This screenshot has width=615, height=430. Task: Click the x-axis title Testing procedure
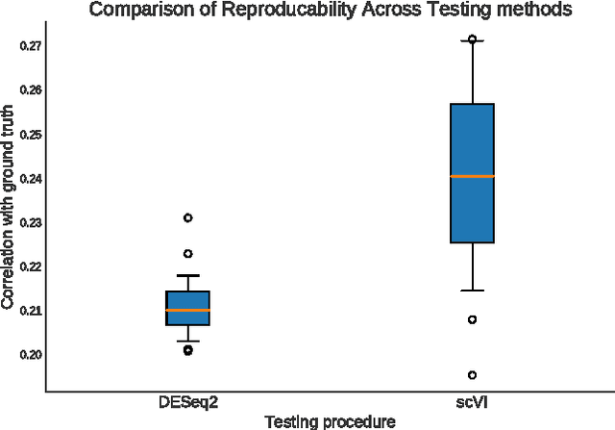[330, 421]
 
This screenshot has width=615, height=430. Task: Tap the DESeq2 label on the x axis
[187, 402]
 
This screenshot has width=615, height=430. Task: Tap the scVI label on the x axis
[472, 402]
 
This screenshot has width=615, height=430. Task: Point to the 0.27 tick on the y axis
[29, 45]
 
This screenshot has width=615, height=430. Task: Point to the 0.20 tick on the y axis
[29, 355]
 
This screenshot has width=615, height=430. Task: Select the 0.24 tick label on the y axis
[29, 178]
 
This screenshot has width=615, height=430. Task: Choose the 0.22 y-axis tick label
[29, 266]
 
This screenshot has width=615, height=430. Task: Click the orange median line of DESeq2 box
[187, 311]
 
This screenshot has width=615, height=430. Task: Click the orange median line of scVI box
[472, 176]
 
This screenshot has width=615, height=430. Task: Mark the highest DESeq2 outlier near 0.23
[187, 217]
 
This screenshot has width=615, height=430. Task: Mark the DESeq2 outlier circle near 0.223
[187, 253]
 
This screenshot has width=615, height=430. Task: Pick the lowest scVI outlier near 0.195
[472, 375]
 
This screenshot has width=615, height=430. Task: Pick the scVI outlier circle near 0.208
[472, 319]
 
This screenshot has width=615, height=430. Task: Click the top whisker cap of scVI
[472, 41]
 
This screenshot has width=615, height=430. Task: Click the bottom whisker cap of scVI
[472, 290]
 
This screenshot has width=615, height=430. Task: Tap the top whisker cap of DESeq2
[187, 275]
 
